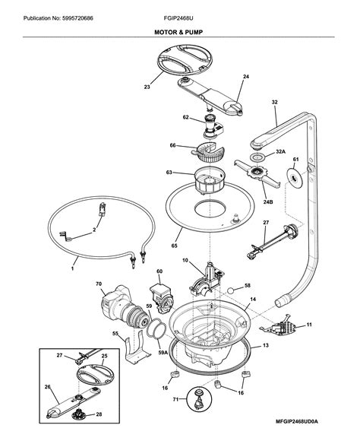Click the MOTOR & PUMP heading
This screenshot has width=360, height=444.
(180, 34)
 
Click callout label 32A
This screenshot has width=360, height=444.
(280, 152)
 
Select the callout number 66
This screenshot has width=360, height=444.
(172, 145)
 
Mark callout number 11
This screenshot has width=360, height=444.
(309, 325)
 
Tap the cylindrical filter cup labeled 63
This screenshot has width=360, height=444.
(209, 182)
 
